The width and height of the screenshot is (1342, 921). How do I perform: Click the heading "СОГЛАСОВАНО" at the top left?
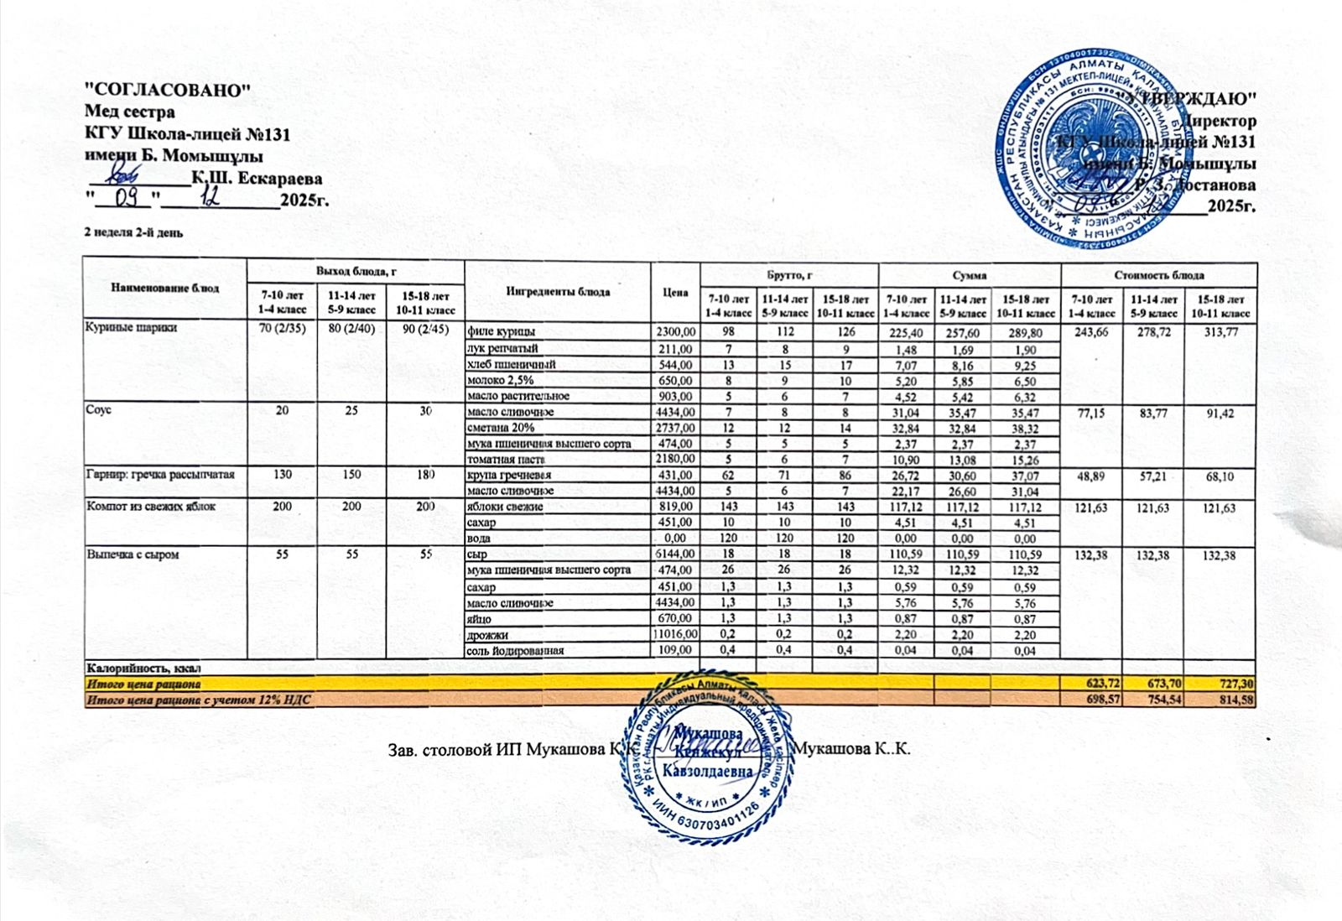[168, 90]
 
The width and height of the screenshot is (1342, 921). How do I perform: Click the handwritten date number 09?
[125, 199]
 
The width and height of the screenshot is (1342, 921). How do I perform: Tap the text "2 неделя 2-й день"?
[133, 232]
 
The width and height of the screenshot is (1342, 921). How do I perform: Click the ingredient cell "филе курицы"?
[502, 332]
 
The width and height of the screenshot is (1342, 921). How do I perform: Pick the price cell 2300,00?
[674, 332]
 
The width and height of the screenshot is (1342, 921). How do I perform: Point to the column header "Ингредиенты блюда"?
[558, 292]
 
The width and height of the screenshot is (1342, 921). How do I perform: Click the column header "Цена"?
[675, 292]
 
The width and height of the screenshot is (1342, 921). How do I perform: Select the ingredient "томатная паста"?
[507, 459]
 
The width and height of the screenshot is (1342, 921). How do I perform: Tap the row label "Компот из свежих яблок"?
[151, 507]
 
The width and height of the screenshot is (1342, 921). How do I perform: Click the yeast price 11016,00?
[674, 635]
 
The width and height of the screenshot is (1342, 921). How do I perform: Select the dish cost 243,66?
[1091, 333]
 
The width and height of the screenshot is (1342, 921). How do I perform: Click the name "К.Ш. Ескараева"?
[257, 178]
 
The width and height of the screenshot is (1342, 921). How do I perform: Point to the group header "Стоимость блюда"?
[1159, 275]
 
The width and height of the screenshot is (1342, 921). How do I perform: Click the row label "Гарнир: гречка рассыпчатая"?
[160, 475]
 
